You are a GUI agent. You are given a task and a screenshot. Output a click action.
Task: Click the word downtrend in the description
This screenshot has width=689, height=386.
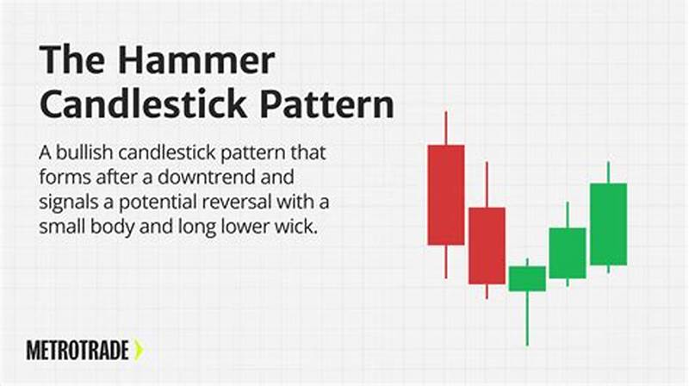point(212,179)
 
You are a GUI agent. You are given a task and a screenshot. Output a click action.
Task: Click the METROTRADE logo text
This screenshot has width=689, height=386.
point(78,350)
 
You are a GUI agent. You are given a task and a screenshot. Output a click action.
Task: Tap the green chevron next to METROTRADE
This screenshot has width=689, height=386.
point(139,350)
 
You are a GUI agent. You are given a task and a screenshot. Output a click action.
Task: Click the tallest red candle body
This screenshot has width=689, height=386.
point(445,195)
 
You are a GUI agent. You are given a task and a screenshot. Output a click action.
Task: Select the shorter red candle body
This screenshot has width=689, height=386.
point(487,245)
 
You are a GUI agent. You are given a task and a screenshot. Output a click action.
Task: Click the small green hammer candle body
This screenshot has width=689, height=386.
point(527,278)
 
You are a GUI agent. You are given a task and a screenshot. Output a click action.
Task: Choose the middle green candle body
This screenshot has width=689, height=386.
point(568,252)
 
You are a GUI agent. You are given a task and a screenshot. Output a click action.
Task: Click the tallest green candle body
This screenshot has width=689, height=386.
point(608,224)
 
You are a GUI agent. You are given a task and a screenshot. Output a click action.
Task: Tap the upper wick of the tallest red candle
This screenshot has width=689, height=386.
point(445,128)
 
